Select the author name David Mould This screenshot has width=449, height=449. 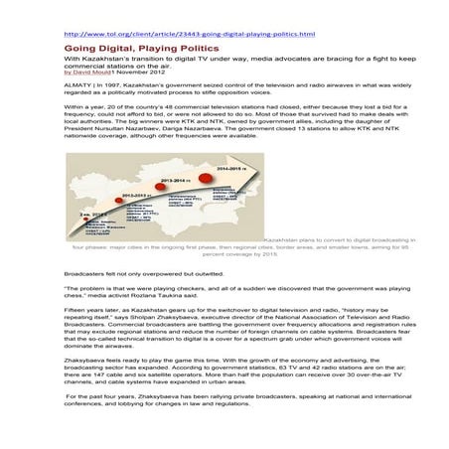pos(92,73)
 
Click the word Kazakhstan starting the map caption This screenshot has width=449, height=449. pos(285,239)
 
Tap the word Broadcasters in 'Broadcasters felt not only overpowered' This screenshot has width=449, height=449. pos(86,272)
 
